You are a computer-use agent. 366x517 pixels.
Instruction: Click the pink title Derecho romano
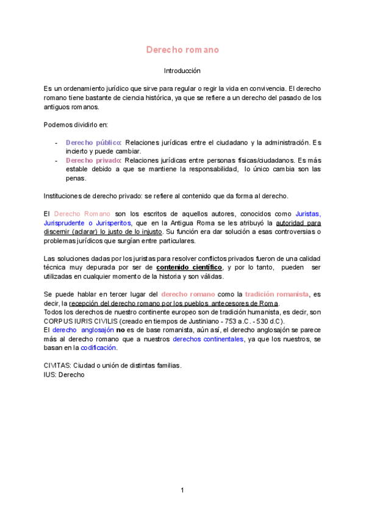click(x=182, y=49)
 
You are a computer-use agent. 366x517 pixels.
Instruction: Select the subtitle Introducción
click(x=182, y=71)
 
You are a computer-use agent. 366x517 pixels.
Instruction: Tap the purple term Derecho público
click(x=93, y=143)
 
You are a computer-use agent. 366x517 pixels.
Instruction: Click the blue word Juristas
click(x=308, y=214)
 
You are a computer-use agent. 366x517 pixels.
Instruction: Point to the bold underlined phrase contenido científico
click(x=189, y=267)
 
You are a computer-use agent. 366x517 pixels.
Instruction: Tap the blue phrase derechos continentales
click(x=208, y=339)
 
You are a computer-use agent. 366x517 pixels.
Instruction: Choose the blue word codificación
click(x=99, y=348)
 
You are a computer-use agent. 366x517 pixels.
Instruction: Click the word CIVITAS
click(x=57, y=366)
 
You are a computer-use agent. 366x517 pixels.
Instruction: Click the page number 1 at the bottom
click(x=182, y=490)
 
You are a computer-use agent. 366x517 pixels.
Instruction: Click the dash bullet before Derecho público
click(x=56, y=143)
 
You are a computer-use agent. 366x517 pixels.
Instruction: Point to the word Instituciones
click(x=65, y=196)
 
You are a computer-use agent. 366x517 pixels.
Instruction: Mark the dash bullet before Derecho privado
click(x=56, y=160)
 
